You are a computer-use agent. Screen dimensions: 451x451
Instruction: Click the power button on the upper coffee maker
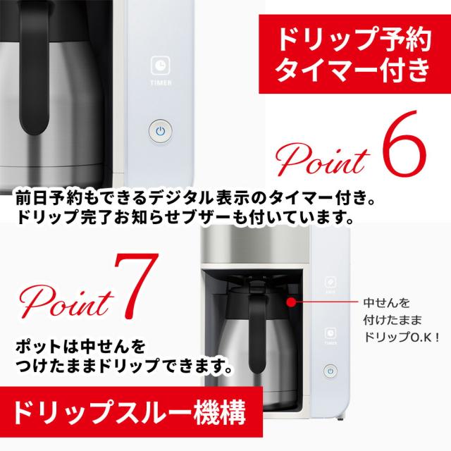click(160, 131)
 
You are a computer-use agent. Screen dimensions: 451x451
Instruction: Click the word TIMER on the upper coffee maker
click(160, 82)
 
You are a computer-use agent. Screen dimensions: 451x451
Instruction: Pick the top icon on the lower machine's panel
click(330, 280)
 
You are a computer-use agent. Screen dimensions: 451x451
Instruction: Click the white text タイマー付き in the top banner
click(352, 69)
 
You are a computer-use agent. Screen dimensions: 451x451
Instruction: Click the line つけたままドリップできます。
click(124, 367)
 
